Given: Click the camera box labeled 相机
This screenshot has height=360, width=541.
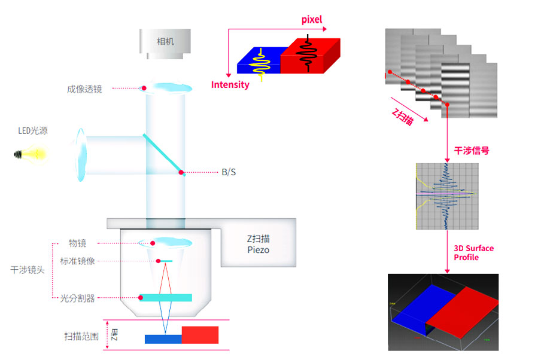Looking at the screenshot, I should click(x=165, y=42).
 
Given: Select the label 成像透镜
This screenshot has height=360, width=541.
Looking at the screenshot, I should click(x=84, y=89).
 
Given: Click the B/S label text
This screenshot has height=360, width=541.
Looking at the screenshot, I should click(x=229, y=172).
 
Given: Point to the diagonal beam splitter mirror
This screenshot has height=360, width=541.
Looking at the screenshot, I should click(x=163, y=154).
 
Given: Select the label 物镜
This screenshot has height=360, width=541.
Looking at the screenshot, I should click(x=78, y=243).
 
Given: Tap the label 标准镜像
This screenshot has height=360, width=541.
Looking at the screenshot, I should click(x=77, y=261).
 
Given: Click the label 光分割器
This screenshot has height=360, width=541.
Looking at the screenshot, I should click(x=77, y=298).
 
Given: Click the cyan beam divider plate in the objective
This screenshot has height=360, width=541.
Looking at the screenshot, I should click(x=166, y=297).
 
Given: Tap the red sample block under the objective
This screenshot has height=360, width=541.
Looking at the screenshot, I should click(x=200, y=335).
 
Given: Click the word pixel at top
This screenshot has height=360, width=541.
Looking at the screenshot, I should click(x=311, y=20).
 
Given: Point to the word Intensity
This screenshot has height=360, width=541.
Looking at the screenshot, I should click(x=230, y=85).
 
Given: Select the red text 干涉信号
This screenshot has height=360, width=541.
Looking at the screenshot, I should click(x=471, y=151).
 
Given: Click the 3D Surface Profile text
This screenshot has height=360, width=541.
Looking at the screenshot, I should click(x=473, y=252).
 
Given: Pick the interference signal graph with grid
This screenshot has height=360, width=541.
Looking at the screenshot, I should click(x=445, y=196).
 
